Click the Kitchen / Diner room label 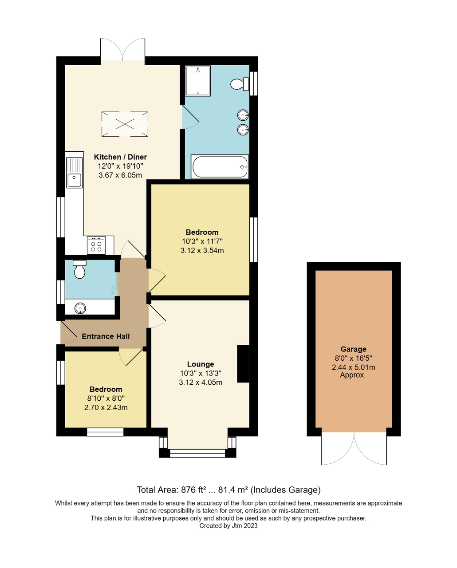(x=120, y=157)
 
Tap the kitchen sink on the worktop (x=75, y=180)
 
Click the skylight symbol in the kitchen (x=125, y=124)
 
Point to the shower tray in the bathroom (x=197, y=80)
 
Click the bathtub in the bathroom (x=220, y=167)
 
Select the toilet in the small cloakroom (x=79, y=269)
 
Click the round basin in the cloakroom (x=80, y=308)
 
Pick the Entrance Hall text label (x=106, y=336)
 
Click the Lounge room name (x=201, y=364)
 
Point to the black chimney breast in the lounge (x=243, y=364)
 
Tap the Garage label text (x=353, y=349)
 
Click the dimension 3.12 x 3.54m (x=202, y=250)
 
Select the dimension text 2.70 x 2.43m (x=106, y=407)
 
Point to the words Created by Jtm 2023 (x=228, y=526)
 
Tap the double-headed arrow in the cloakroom (x=113, y=290)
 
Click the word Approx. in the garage (x=353, y=375)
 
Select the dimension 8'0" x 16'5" (x=353, y=358)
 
